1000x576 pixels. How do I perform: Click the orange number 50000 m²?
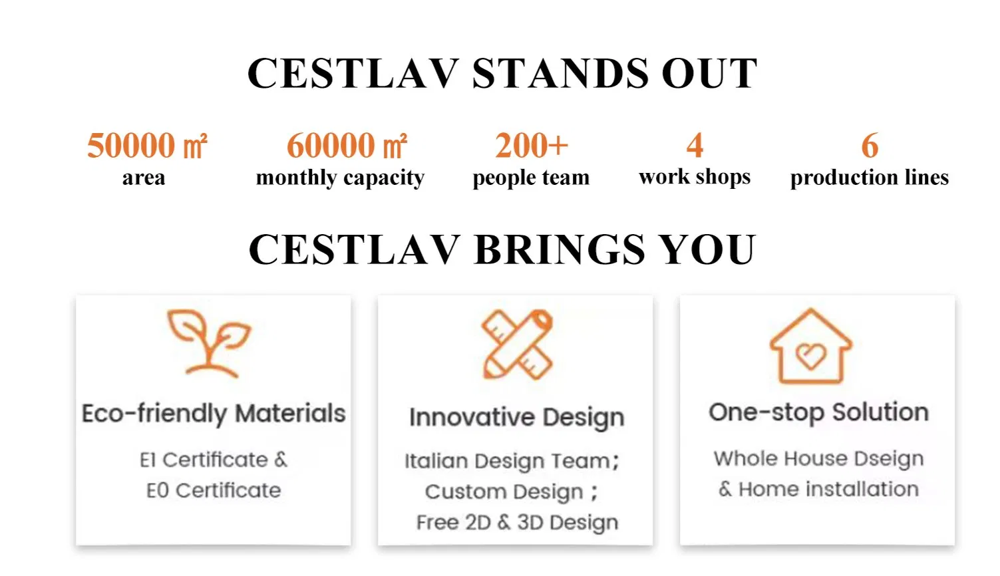[x=147, y=146]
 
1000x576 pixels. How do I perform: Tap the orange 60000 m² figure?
[x=347, y=146]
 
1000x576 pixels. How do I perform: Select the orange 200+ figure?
[x=531, y=146]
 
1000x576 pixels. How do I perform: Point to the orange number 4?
[x=695, y=146]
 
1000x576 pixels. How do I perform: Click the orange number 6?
[x=870, y=146]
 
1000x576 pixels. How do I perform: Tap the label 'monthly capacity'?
[x=340, y=178]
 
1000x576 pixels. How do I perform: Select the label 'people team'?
[x=531, y=178]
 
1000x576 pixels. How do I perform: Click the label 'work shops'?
[x=695, y=177]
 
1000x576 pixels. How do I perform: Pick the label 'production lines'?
[x=870, y=178]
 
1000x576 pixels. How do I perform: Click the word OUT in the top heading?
[x=709, y=73]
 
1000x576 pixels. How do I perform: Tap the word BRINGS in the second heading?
[x=560, y=249]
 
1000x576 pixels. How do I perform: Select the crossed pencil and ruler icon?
[x=517, y=345]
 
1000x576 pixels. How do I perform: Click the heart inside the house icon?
[x=811, y=356]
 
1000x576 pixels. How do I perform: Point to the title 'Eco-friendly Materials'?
[x=214, y=414]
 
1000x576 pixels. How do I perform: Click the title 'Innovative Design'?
[x=517, y=418]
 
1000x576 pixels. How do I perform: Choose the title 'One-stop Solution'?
[x=819, y=412]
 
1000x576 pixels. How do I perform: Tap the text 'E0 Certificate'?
[x=214, y=490]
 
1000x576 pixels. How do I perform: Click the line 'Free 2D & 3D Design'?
[x=517, y=523]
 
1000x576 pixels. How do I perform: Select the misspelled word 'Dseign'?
[x=889, y=459]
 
